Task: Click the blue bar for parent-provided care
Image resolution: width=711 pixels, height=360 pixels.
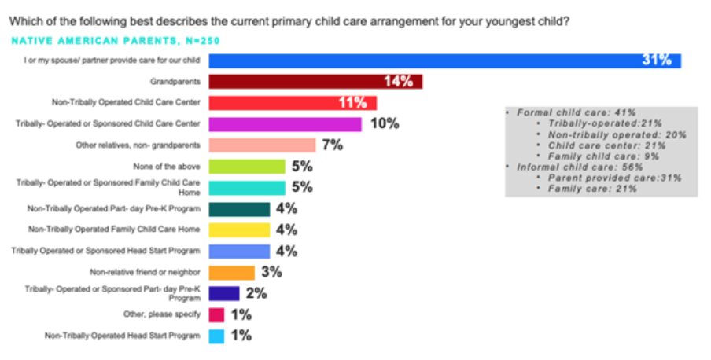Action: click(x=444, y=61)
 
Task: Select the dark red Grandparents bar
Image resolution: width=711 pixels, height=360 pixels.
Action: click(x=315, y=82)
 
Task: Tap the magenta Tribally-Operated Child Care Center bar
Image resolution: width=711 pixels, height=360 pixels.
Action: click(x=285, y=123)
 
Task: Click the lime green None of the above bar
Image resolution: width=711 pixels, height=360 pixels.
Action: click(x=246, y=167)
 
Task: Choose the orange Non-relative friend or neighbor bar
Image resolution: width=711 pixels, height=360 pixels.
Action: click(x=231, y=273)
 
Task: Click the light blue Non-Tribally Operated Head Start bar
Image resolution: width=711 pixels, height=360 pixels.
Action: click(x=216, y=336)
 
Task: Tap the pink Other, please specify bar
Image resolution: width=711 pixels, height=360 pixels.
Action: click(x=216, y=315)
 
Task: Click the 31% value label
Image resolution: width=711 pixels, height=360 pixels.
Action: click(x=656, y=61)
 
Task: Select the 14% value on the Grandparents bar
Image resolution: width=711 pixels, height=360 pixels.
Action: click(x=398, y=82)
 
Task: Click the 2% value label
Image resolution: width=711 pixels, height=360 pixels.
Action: click(x=256, y=294)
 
